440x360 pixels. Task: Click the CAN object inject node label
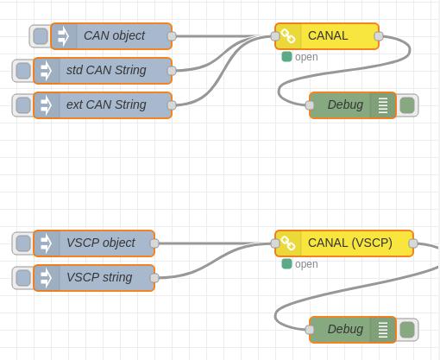[114, 35]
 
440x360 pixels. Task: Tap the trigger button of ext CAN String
[23, 105]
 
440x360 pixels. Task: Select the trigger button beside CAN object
[41, 36]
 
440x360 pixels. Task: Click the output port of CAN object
[172, 36]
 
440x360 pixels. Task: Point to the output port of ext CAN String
[172, 105]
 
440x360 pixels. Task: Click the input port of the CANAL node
[275, 36]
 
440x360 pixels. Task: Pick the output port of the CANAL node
[379, 36]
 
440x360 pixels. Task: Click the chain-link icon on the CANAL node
[288, 36]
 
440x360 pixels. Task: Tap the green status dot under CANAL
[286, 57]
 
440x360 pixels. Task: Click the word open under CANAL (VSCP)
[306, 264]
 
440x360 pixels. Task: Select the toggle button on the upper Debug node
[407, 105]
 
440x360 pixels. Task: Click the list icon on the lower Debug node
[383, 330]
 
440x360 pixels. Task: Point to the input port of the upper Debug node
[310, 105]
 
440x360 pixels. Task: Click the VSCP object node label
[101, 243]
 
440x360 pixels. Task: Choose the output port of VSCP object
[154, 243]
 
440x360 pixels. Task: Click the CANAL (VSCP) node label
[350, 243]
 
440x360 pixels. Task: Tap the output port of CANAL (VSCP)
[413, 243]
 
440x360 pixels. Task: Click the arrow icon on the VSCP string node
[46, 278]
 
